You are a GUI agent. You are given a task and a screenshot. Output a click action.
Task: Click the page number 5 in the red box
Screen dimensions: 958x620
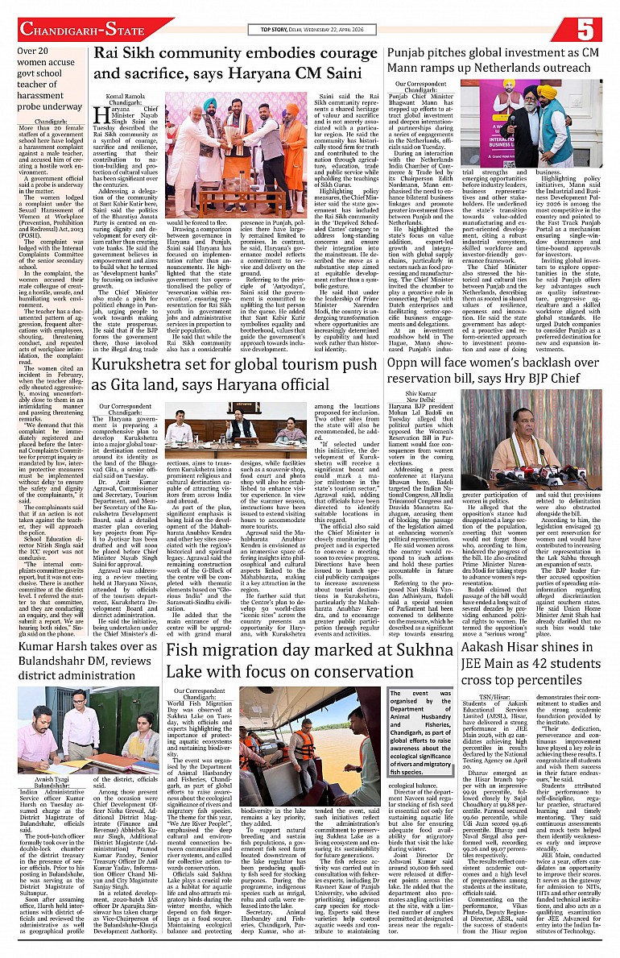coord(585,29)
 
